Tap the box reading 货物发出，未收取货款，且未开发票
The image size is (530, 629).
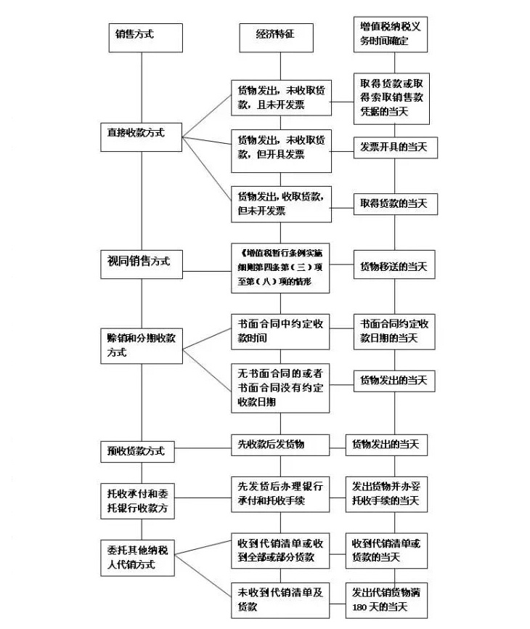point(280,99)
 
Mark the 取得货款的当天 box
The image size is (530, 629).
point(394,204)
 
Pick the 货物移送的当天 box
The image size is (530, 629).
point(394,266)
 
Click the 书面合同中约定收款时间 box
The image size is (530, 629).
point(280,330)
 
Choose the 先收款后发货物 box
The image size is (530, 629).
point(280,444)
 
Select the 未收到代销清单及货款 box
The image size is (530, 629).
point(280,599)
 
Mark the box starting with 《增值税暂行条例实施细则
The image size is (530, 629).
point(280,267)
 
